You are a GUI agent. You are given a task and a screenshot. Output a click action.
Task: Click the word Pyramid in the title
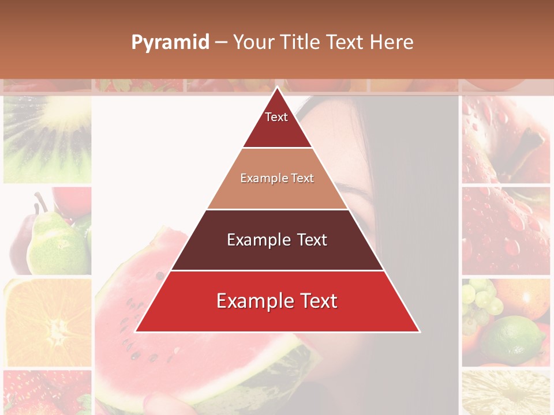(x=170, y=43)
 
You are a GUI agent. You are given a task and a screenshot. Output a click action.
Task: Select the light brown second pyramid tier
(x=277, y=179)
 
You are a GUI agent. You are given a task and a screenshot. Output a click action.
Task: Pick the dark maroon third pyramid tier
(x=277, y=240)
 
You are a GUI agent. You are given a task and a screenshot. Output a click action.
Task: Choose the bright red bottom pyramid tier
(x=277, y=301)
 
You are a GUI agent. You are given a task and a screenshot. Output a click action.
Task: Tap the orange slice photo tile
(x=47, y=323)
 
